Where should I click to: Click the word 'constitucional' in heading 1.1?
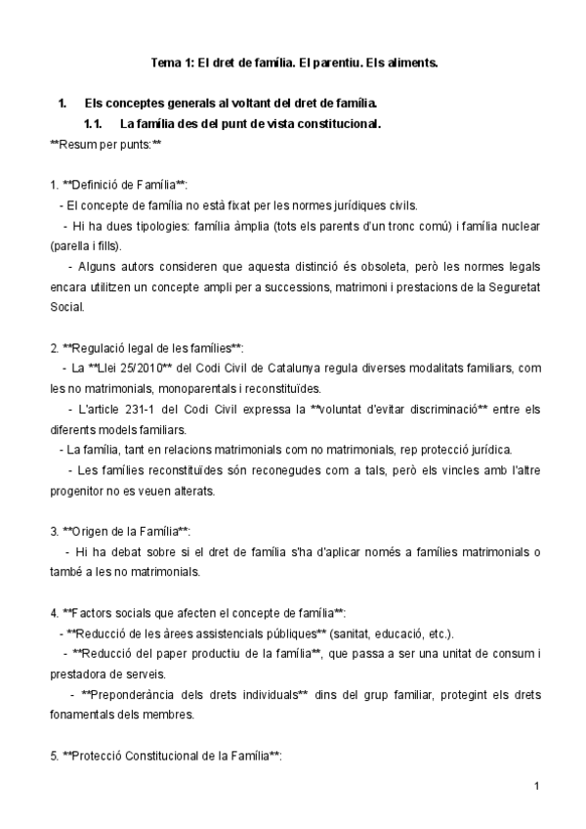(337, 124)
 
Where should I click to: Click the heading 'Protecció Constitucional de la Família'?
(171, 755)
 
